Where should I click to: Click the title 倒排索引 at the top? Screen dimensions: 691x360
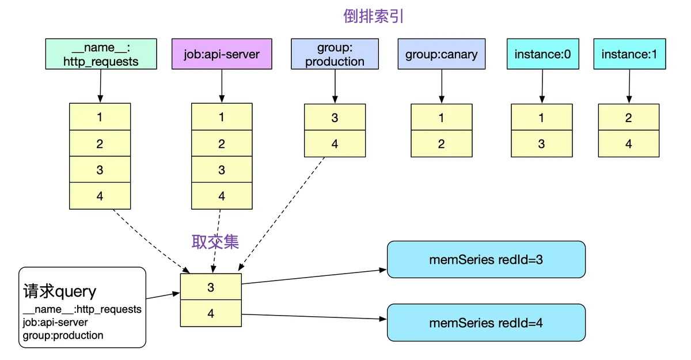[374, 16]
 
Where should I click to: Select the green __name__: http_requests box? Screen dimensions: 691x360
[101, 54]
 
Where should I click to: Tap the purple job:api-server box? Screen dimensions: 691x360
[222, 54]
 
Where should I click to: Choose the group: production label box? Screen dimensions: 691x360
[335, 54]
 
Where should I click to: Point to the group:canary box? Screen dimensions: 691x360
[442, 54]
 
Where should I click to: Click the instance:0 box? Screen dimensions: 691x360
[542, 54]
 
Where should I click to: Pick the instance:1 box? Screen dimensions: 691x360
[629, 54]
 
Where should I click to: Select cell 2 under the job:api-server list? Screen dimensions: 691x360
[222, 143]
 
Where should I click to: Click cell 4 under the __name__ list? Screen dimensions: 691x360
[100, 196]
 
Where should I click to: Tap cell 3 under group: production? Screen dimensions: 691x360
[335, 118]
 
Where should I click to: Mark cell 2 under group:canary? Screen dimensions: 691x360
[442, 144]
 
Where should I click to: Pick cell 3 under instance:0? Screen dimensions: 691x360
[542, 144]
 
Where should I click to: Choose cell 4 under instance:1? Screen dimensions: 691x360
[629, 144]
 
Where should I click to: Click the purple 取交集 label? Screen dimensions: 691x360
[215, 242]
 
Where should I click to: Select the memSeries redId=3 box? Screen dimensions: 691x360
[486, 259]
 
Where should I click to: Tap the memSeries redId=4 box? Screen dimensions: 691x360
[486, 323]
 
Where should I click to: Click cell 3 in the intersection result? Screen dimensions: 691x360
[211, 287]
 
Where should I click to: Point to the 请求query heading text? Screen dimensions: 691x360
[59, 291]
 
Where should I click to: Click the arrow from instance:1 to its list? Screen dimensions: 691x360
[629, 86]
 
